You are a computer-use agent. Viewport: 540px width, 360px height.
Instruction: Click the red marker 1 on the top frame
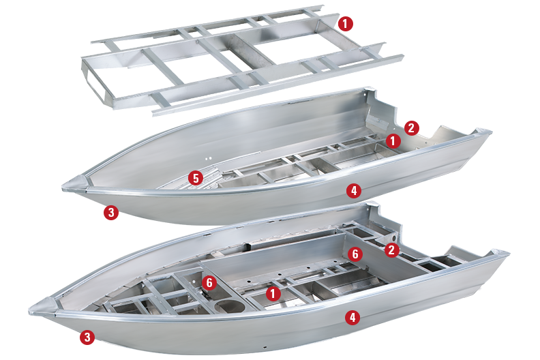click(x=346, y=24)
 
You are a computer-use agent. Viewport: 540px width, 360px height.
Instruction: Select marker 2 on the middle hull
click(x=410, y=127)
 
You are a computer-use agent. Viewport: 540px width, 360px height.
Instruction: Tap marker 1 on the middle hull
click(x=393, y=140)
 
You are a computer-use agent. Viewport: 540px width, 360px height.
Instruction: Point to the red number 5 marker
click(x=196, y=179)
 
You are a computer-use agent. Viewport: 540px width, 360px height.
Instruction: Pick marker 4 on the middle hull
click(x=353, y=191)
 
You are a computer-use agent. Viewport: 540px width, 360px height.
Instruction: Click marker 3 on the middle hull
click(x=111, y=212)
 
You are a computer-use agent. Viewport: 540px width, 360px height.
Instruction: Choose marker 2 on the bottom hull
click(x=391, y=250)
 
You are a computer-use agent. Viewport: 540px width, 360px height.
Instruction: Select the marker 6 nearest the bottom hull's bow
click(x=210, y=282)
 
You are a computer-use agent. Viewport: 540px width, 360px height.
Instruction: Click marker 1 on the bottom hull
click(x=273, y=294)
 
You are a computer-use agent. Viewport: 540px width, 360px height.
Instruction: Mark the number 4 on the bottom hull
click(x=352, y=317)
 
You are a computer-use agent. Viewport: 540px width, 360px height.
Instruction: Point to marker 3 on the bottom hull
click(x=87, y=336)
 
